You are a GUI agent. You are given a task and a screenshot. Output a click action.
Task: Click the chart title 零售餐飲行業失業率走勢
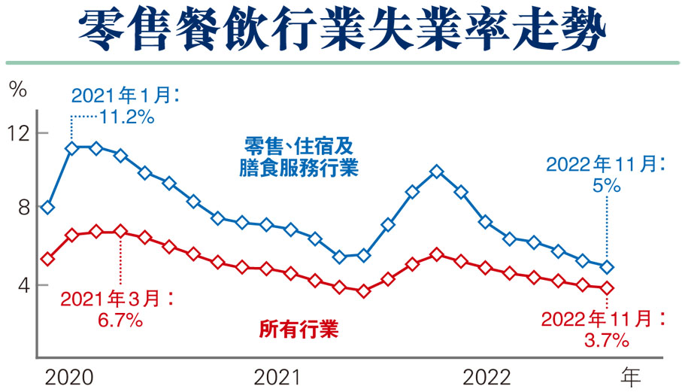[341, 28]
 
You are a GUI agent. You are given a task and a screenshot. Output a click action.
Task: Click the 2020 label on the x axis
[68, 376]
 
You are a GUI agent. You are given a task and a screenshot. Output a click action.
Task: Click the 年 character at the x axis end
[629, 375]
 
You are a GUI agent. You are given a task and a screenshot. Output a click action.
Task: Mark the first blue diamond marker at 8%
[47, 208]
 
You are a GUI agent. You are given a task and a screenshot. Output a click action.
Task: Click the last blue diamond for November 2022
[607, 266]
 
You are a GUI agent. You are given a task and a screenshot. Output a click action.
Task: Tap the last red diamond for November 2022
[607, 287]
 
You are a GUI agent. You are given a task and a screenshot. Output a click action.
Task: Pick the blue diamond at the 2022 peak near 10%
[437, 172]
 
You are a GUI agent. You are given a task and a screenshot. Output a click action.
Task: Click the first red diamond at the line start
[47, 259]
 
